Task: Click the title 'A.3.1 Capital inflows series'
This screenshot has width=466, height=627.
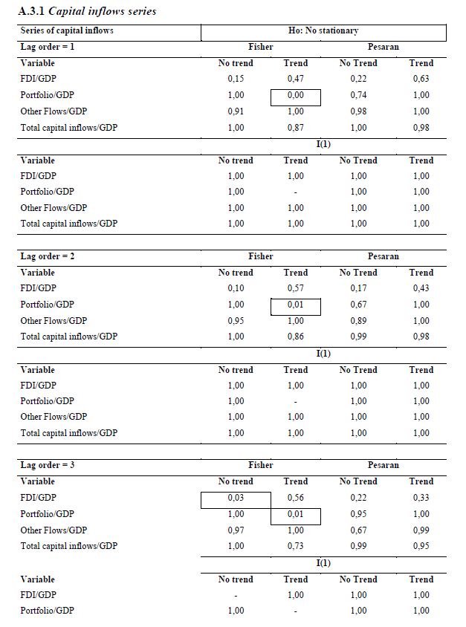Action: pos(87,12)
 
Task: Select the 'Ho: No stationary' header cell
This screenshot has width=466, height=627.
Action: pos(323,31)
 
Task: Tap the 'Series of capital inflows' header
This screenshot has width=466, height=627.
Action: pos(67,31)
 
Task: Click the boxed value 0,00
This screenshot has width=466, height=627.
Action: pos(295,96)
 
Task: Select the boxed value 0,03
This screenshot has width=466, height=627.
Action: pos(236,498)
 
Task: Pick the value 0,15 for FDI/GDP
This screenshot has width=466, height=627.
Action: pos(236,79)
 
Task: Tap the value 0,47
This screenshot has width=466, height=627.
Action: pos(295,79)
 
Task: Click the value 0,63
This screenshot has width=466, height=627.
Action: pos(421,79)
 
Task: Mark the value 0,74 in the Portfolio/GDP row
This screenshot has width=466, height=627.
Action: pos(358,96)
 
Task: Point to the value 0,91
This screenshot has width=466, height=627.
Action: pos(236,111)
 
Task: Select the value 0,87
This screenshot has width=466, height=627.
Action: pos(295,128)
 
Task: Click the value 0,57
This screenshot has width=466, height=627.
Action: pos(295,289)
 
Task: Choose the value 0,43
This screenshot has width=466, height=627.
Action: pos(421,289)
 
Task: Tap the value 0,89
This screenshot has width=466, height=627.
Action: pos(358,321)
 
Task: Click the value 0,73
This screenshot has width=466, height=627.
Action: pos(295,546)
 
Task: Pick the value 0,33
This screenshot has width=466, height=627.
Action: pos(421,498)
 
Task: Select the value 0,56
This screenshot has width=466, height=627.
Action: pos(295,498)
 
